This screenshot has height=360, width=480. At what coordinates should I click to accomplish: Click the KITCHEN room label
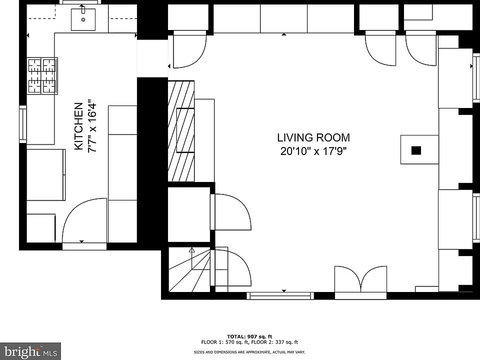pos(78,126)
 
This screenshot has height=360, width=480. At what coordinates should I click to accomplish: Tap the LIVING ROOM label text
pos(313,138)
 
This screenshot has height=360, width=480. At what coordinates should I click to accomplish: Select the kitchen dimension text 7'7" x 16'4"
pos(92,126)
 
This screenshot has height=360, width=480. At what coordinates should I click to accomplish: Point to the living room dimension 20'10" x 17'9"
pos(313,151)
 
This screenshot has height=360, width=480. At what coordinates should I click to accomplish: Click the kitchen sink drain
pos(83,20)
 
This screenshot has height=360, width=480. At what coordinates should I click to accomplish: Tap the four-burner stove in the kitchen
pos(42,76)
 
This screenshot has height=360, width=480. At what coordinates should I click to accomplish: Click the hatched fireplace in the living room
pos(181,130)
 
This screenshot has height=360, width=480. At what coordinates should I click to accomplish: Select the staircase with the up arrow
pos(189,269)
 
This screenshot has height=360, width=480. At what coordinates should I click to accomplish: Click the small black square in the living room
pos(416,150)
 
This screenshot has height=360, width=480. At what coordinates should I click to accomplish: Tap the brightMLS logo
pos(30,351)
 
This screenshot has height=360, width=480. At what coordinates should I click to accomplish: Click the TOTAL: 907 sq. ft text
pos(249,336)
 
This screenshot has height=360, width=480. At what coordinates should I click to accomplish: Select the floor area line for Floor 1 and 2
pos(249,342)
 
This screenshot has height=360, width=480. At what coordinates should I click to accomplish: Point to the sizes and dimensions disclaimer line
pos(249,352)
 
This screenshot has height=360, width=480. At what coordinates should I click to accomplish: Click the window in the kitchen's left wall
pos(23,124)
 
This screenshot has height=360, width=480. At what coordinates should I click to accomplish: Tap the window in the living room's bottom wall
pos(280,295)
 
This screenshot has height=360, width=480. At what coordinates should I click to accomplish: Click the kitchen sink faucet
pos(82,8)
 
